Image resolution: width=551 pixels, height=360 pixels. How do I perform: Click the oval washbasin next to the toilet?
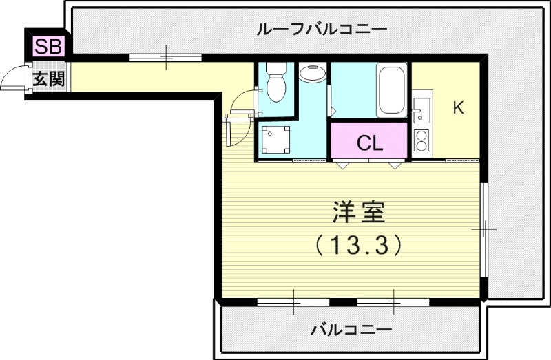click(x=313, y=73)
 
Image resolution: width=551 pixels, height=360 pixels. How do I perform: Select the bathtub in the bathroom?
click(x=392, y=89)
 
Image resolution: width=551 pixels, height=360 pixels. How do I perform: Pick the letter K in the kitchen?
click(x=457, y=107)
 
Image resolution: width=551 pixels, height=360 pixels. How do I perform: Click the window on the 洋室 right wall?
click(x=485, y=228)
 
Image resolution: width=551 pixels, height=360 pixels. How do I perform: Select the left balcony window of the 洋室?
click(x=293, y=301)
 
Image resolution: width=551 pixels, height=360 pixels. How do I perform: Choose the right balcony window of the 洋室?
click(x=393, y=301)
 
